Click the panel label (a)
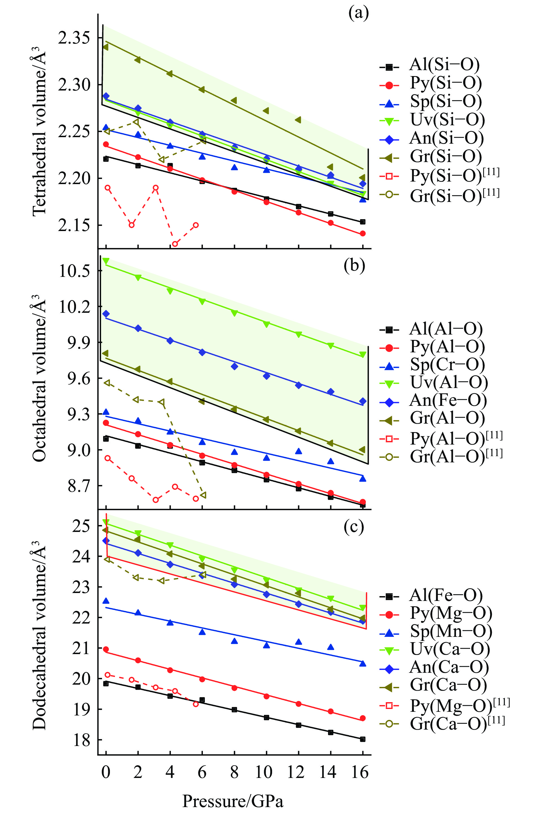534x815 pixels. [x=359, y=14]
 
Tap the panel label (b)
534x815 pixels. [x=354, y=266]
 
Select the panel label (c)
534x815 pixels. [x=353, y=527]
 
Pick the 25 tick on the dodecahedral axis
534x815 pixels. [x=81, y=526]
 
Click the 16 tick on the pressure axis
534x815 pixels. [x=360, y=773]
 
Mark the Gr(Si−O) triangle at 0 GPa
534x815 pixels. [x=105, y=47]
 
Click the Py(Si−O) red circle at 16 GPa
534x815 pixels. [x=362, y=234]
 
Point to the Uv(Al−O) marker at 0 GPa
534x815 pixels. [x=106, y=261]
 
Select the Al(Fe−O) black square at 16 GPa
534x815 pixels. [x=362, y=739]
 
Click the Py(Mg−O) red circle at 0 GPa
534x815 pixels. [x=106, y=649]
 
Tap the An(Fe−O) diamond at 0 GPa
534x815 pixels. [x=106, y=314]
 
